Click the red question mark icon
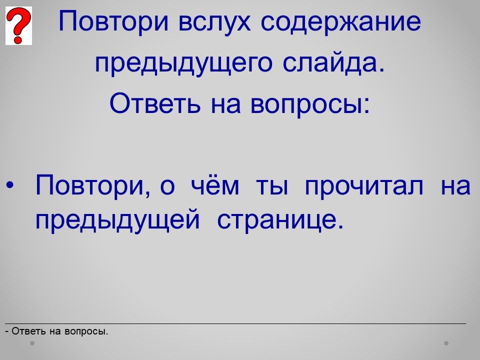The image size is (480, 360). coord(18,25)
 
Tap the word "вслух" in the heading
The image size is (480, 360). coord(214,21)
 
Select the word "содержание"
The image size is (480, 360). coord(341,21)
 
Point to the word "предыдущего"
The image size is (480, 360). coord(183,63)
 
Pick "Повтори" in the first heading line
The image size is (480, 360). coord(113,21)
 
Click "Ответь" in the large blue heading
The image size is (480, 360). coord(155,103)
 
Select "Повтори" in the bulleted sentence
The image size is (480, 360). coord(93,185)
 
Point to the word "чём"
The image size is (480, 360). coord(215,184)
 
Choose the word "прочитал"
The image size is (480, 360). coord(364,186)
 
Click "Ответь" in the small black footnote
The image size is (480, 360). coord(29,331)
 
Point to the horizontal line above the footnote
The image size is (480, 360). coord(235,323)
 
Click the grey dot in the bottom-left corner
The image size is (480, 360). coord(32,343)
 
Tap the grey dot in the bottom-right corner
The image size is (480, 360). coord(446,343)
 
